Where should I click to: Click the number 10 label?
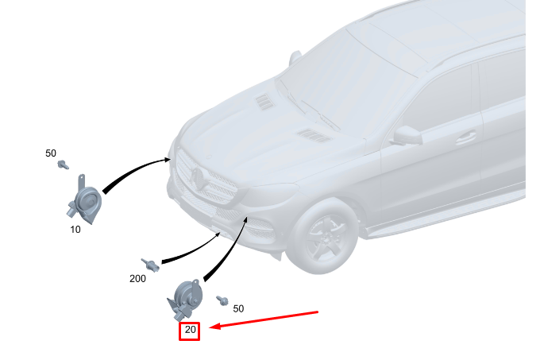[x=75, y=230]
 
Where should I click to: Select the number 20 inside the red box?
[x=190, y=329]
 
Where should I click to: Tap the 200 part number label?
[x=137, y=278]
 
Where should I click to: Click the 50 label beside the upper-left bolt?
[x=51, y=153]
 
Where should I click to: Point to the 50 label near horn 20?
[x=238, y=308]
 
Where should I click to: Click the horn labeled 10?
[x=85, y=200]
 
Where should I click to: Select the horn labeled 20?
[x=184, y=300]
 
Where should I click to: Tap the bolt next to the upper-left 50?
[x=64, y=165]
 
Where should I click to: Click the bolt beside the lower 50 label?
[x=222, y=300]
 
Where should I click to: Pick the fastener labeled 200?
[x=150, y=265]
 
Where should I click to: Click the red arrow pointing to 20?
[x=264, y=319]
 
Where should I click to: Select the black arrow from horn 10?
[x=133, y=170]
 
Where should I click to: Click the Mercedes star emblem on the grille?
[x=197, y=178]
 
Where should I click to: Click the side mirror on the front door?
[x=407, y=136]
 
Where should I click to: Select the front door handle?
[x=465, y=138]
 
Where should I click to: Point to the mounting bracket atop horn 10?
[x=82, y=181]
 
